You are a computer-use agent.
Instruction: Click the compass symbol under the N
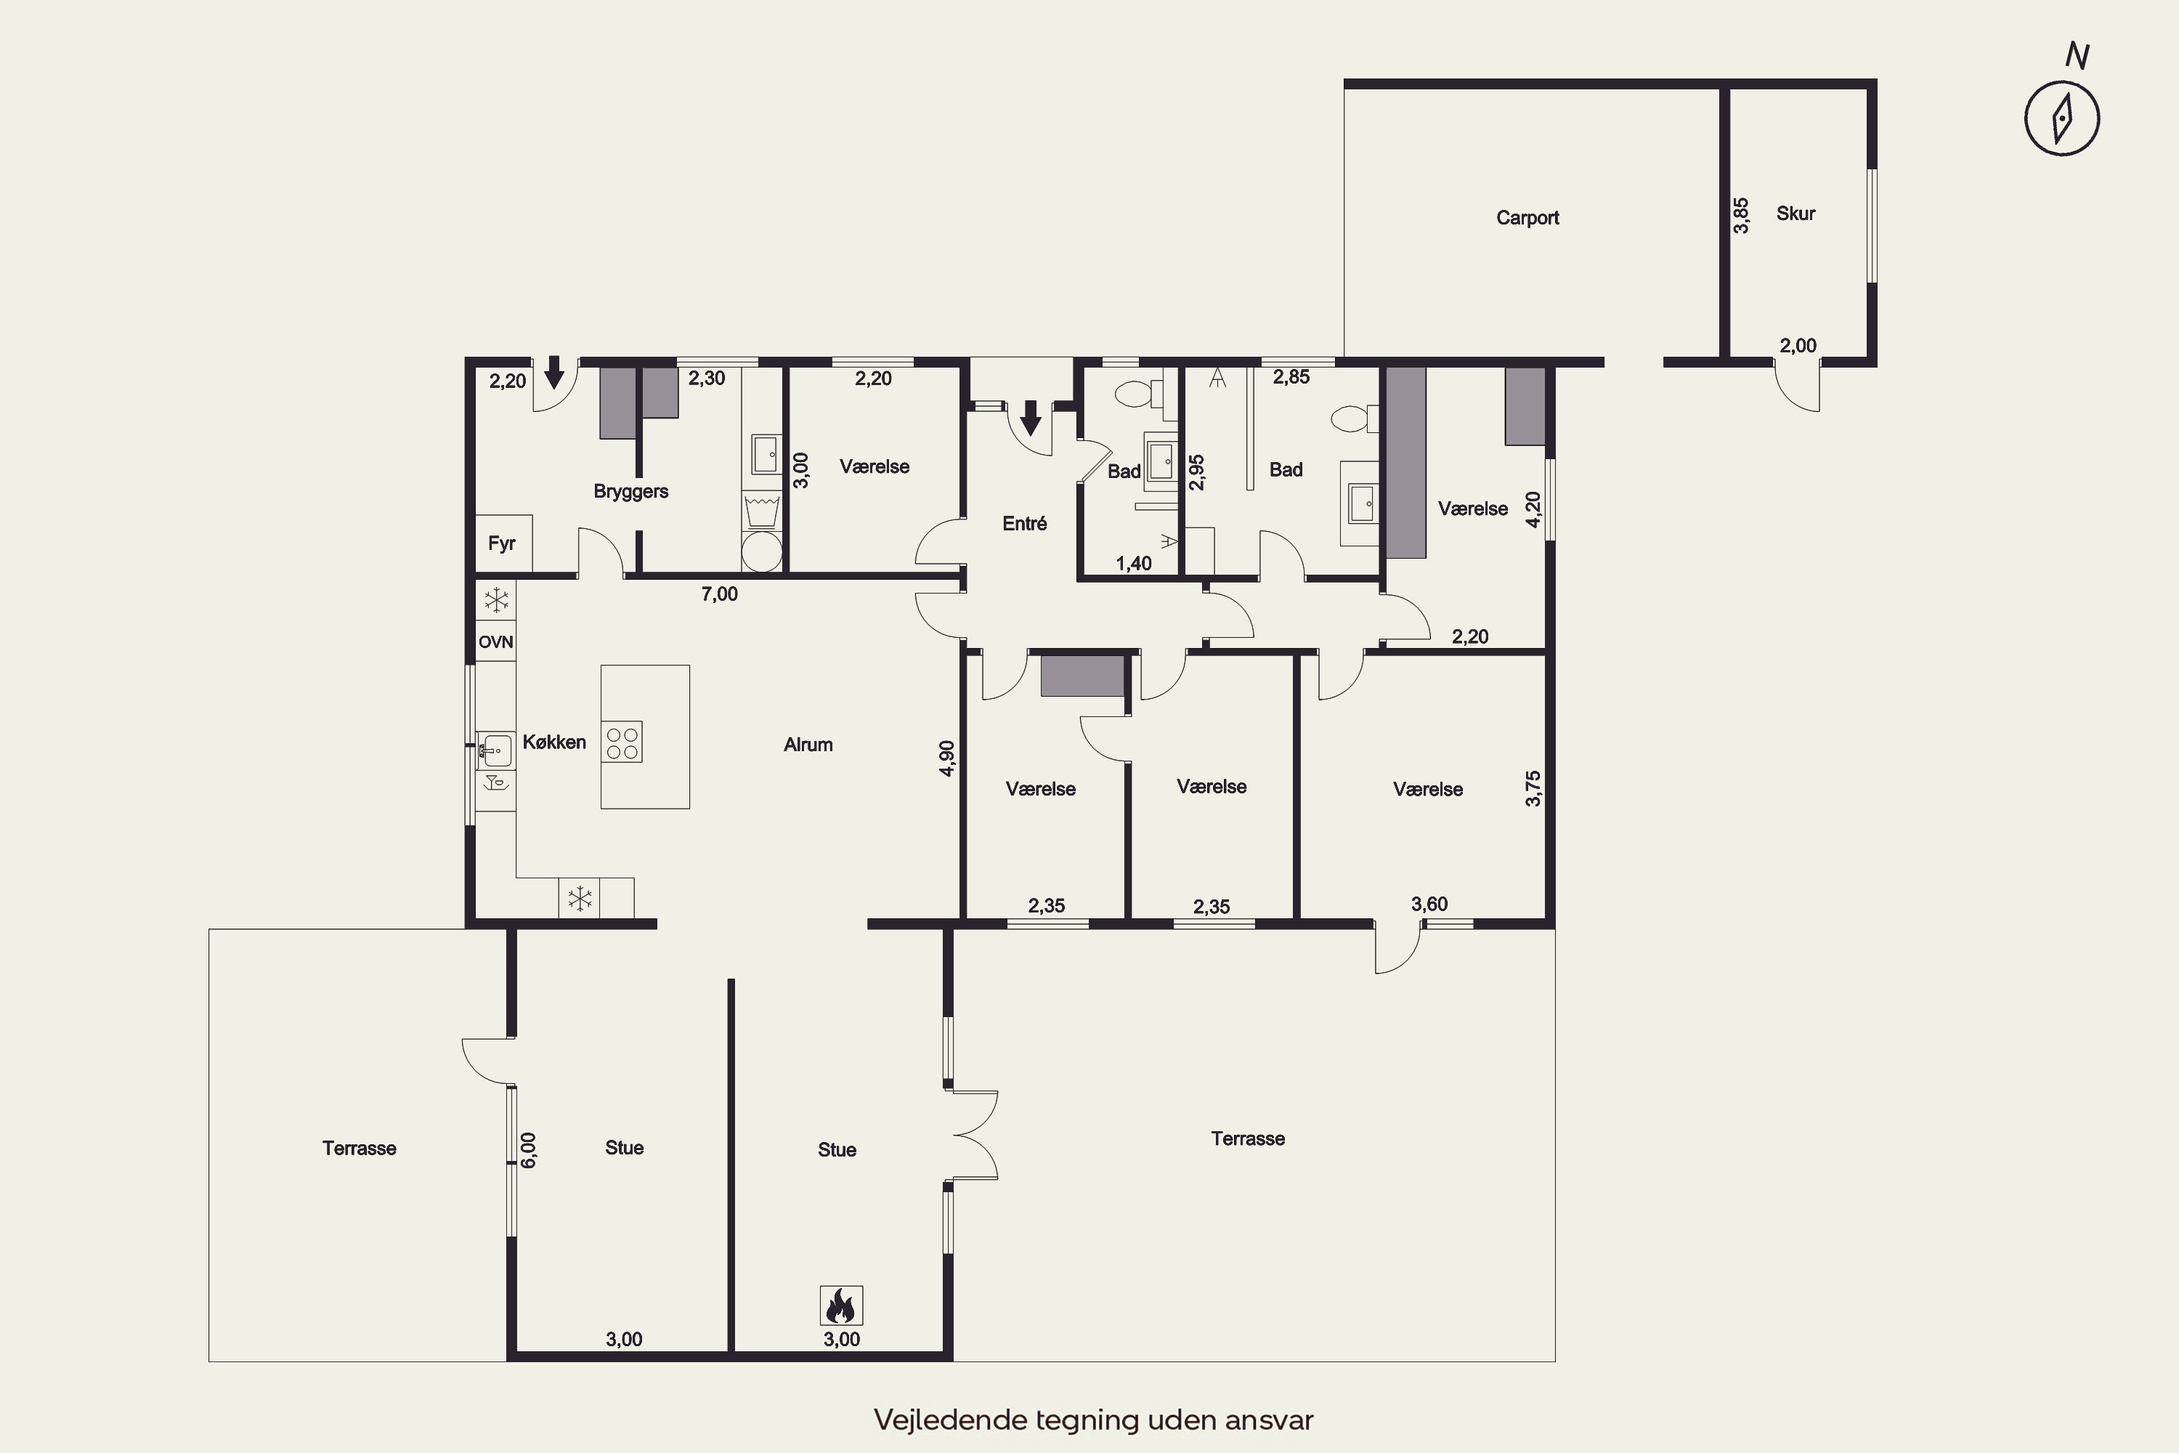pos(2061,118)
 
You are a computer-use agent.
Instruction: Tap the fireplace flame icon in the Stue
pos(841,1306)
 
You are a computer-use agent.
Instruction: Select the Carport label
pos(1527,218)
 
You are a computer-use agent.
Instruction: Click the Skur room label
pos(1795,213)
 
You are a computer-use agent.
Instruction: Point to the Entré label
pos(1025,524)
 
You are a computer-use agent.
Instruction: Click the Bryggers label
pos(631,491)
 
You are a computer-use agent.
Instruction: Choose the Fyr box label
pos(501,543)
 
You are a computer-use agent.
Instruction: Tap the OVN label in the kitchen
pos(495,642)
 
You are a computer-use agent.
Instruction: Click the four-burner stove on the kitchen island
pos(622,741)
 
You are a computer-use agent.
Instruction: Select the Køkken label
pos(554,741)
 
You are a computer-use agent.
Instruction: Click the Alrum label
pos(808,744)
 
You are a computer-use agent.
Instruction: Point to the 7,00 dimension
pos(719,594)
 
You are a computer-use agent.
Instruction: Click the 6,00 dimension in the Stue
pos(528,1150)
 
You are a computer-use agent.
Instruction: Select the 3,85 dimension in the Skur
pos(1741,215)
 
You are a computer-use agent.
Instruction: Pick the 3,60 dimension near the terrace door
pos(1429,904)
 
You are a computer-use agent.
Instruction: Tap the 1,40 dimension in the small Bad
pos(1134,564)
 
